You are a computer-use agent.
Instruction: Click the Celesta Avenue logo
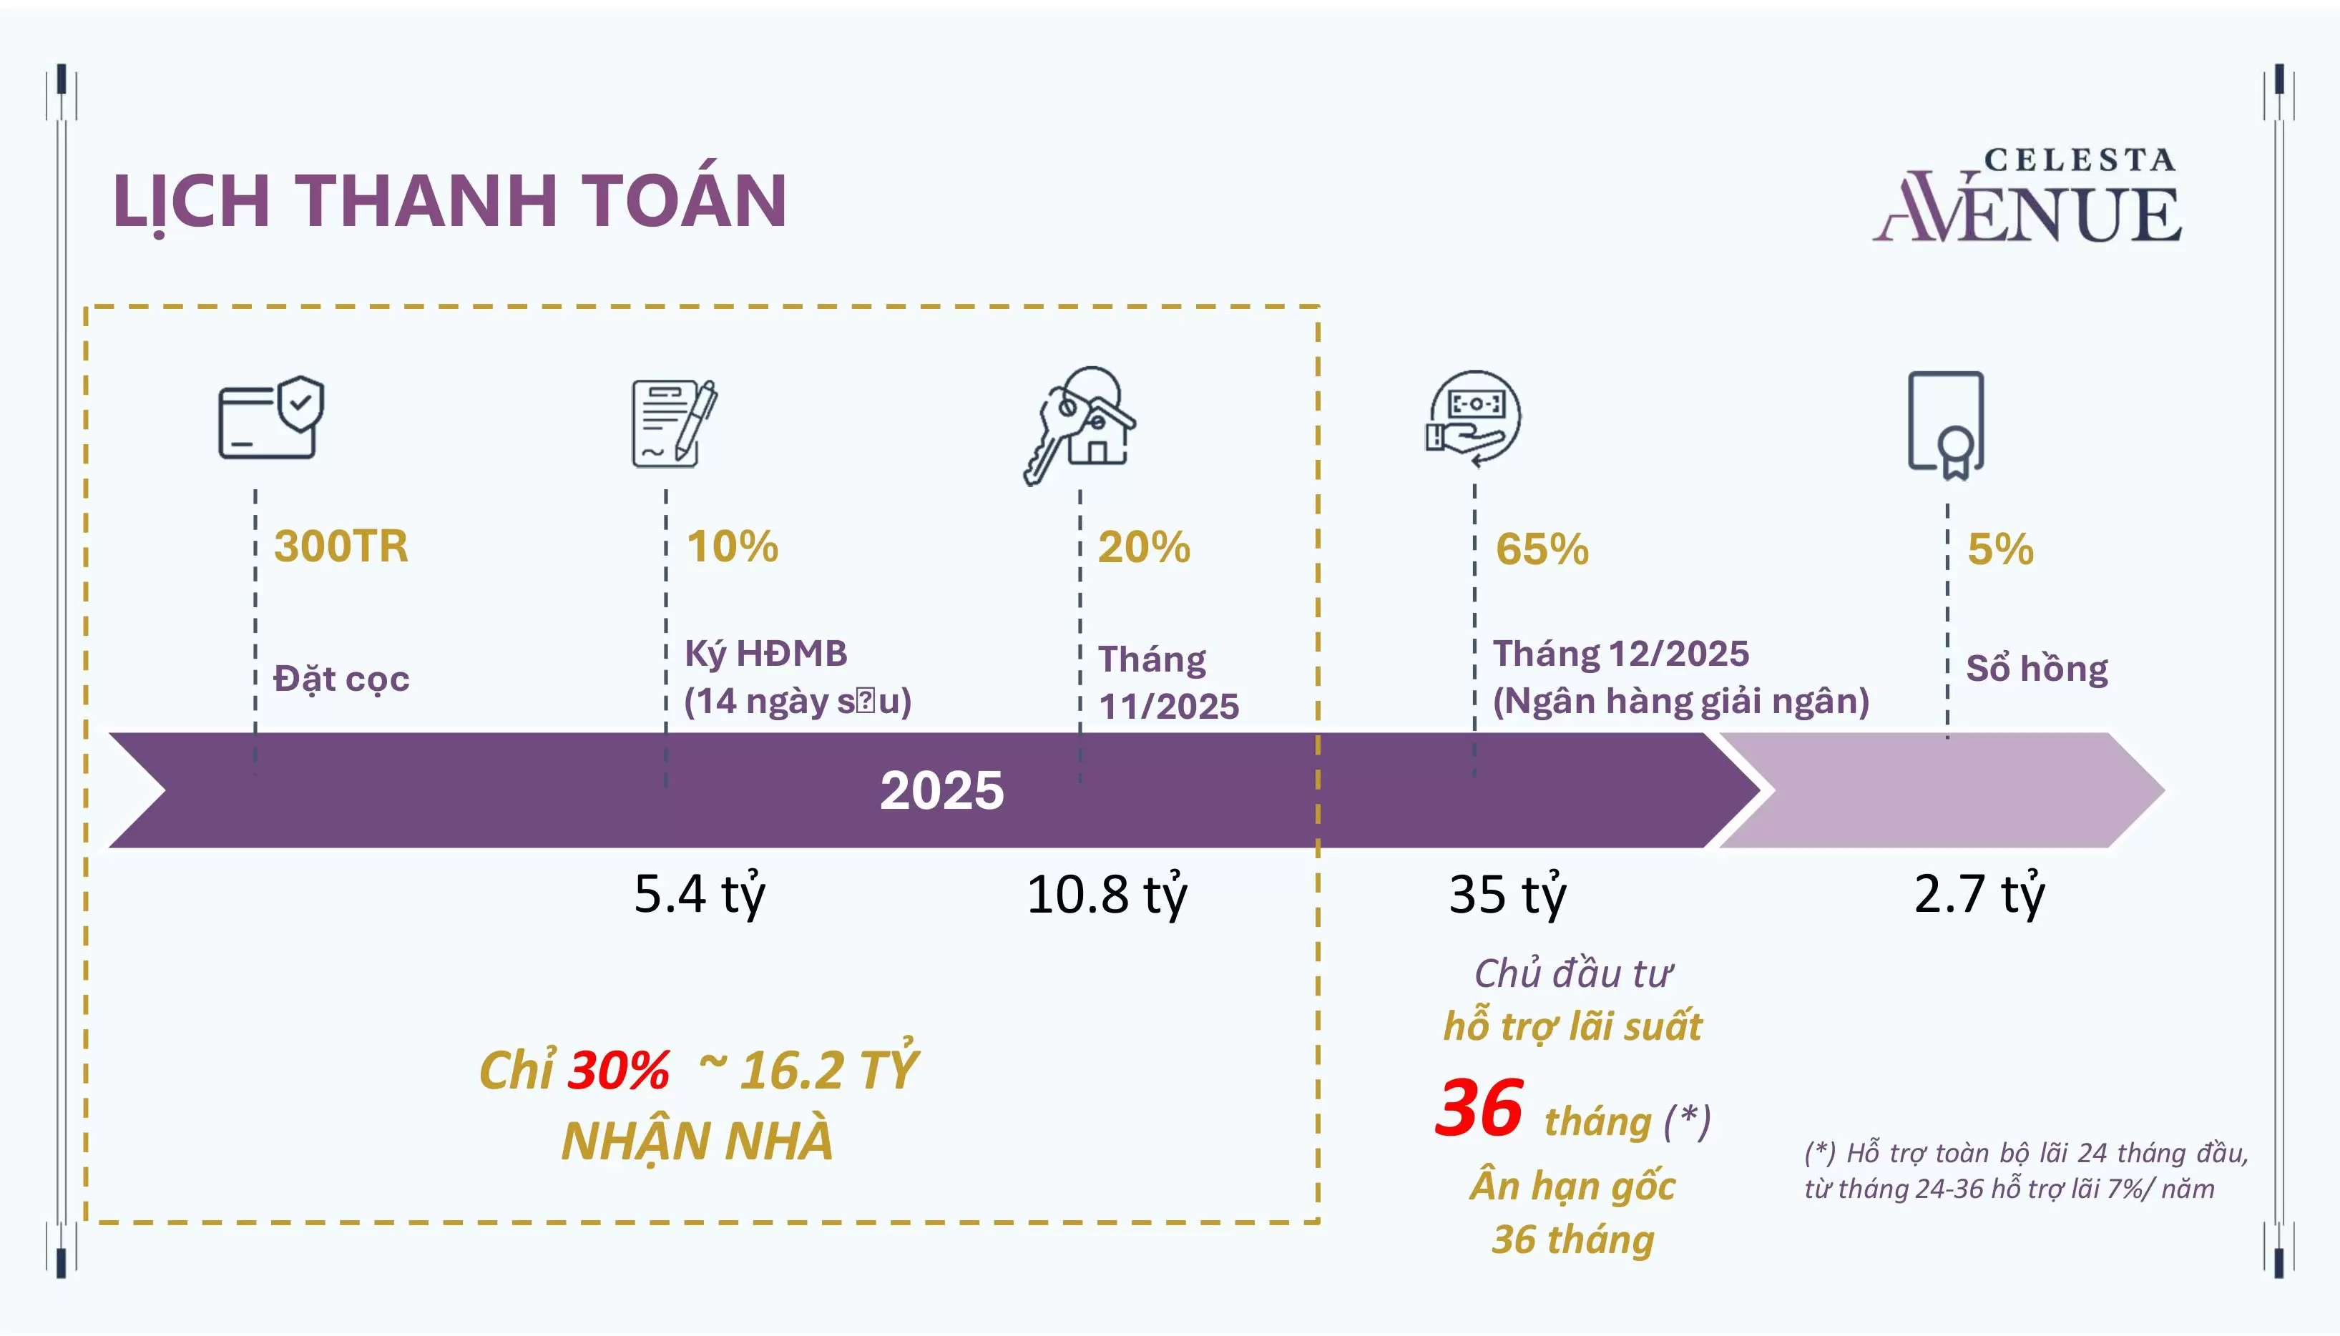tap(2028, 197)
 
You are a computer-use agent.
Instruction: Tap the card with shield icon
tap(270, 418)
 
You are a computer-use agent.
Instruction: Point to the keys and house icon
tap(1080, 425)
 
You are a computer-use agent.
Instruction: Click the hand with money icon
tap(1472, 418)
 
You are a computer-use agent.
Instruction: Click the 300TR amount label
tap(341, 547)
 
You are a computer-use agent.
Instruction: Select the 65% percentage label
tap(1542, 549)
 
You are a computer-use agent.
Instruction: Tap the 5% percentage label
tap(2000, 549)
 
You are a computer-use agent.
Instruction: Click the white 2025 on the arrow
tap(941, 790)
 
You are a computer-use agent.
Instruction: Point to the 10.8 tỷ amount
tap(1107, 895)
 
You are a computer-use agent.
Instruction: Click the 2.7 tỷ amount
tap(1979, 895)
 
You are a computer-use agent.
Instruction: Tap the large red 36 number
tap(1479, 1109)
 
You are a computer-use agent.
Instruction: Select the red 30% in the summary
tap(620, 1071)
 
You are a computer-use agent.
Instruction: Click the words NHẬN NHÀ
tap(697, 1141)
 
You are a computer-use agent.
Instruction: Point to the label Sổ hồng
tap(2036, 669)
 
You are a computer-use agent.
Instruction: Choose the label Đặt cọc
tap(341, 679)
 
